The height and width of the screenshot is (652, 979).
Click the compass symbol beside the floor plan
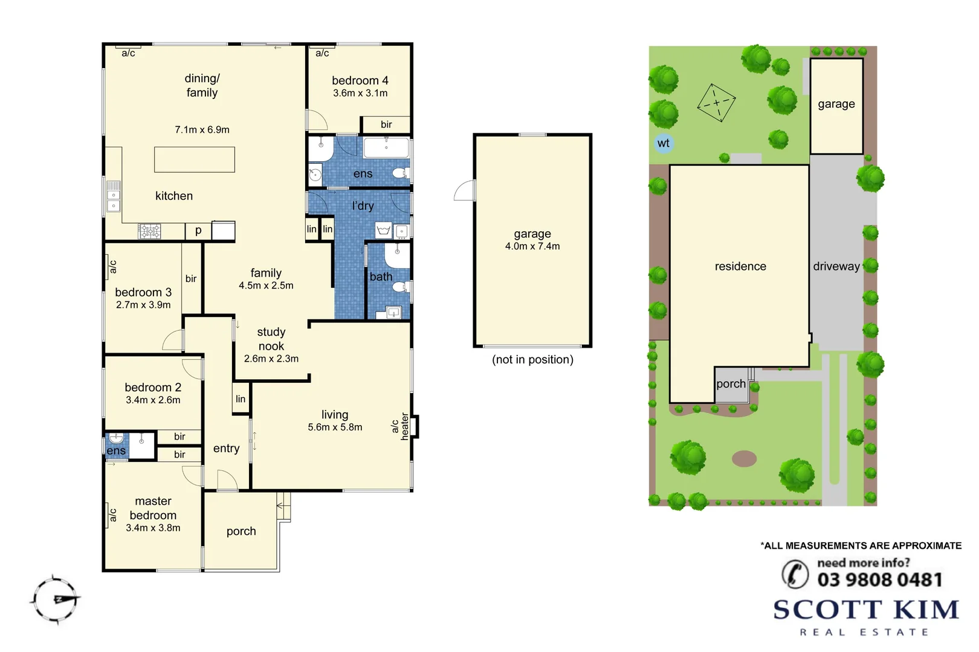pos(56,599)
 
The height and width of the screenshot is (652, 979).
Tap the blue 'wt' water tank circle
pos(663,143)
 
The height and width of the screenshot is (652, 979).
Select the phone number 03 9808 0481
pos(879,580)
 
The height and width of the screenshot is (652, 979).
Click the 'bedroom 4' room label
pos(360,80)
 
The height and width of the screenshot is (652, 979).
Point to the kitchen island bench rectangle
pos(194,160)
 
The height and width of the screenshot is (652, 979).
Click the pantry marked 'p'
pos(198,231)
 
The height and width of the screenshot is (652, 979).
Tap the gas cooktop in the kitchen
pos(149,231)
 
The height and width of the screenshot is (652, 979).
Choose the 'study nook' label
pos(271,339)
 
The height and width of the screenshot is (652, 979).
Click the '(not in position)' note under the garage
pos(532,360)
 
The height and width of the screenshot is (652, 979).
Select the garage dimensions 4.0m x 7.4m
pos(532,246)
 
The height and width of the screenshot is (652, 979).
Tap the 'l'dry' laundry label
pos(363,206)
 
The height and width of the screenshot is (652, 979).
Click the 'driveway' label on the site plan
pos(836,266)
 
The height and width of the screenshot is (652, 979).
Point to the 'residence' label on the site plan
pos(740,266)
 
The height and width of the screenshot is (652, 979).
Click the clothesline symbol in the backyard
pos(716,103)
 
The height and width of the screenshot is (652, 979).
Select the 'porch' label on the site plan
pos(731,384)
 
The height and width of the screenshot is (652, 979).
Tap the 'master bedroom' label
pos(153,508)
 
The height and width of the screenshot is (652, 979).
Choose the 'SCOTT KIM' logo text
pos(866,610)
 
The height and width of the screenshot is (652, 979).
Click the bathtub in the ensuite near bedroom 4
pos(386,147)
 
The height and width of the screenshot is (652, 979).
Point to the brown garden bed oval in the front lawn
pos(744,459)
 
